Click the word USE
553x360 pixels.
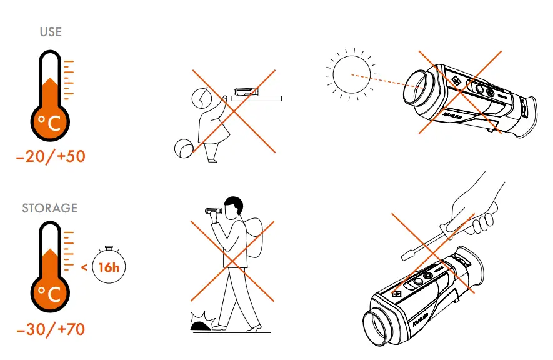tap(51, 31)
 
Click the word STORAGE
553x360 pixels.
tap(50, 207)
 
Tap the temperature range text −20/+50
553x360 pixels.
tap(51, 156)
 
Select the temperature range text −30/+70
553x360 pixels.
tap(51, 329)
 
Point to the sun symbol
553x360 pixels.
tap(351, 74)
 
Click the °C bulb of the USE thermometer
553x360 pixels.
tap(49, 123)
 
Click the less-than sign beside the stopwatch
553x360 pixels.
tap(84, 268)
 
